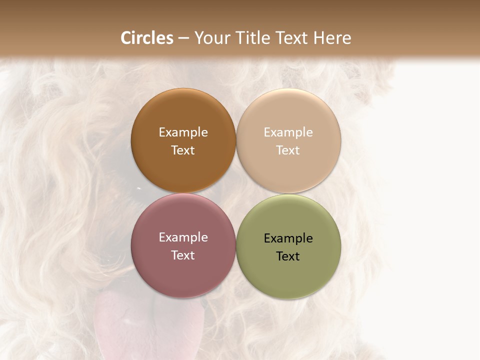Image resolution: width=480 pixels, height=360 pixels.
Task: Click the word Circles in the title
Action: point(147,38)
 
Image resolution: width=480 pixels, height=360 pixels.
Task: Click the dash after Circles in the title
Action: point(183,38)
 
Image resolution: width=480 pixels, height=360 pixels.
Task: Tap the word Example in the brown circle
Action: point(183,132)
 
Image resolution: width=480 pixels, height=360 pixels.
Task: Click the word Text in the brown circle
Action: point(183,150)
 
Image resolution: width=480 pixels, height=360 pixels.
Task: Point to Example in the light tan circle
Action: point(288,132)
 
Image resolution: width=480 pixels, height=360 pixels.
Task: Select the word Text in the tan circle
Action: point(288,150)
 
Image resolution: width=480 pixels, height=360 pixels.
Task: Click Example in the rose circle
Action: point(183,237)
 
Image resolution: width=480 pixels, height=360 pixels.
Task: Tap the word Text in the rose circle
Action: point(183,255)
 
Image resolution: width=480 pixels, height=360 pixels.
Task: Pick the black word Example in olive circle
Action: point(288,238)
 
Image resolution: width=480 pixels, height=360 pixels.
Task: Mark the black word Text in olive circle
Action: point(288,256)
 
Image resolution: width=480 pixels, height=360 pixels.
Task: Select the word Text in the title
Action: point(291,38)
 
